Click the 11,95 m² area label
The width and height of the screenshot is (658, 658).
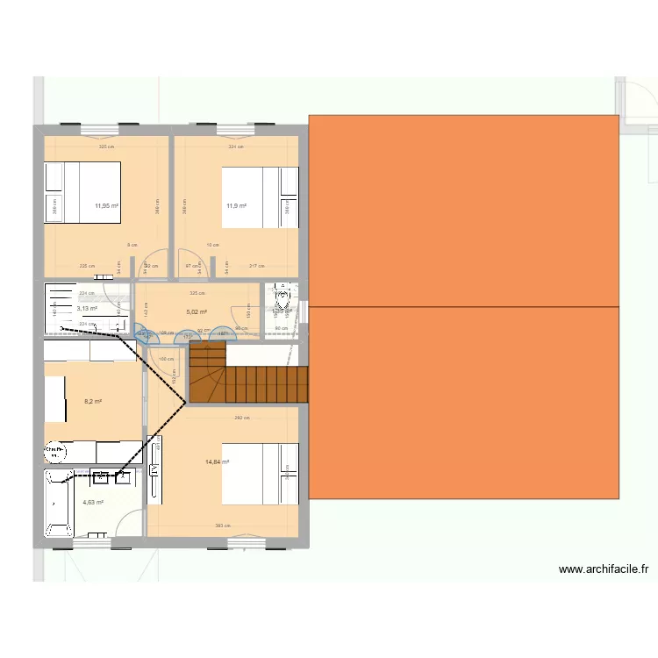pyautogui.click(x=107, y=207)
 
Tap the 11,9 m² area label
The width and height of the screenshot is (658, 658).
pyautogui.click(x=236, y=207)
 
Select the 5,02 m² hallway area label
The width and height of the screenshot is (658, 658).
pyautogui.click(x=197, y=311)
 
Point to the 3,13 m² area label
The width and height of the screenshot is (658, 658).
pyautogui.click(x=87, y=308)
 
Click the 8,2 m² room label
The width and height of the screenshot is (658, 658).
pyautogui.click(x=93, y=402)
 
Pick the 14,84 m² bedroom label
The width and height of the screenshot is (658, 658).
pyautogui.click(x=217, y=462)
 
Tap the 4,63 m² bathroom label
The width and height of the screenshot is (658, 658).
pyautogui.click(x=93, y=503)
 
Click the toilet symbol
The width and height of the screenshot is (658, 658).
pyautogui.click(x=282, y=303)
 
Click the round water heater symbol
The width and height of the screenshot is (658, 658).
pyautogui.click(x=55, y=453)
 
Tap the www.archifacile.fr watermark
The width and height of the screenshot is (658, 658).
pyautogui.click(x=604, y=569)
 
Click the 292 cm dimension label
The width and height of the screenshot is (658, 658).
pyautogui.click(x=241, y=418)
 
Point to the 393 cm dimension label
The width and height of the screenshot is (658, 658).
pyautogui.click(x=223, y=526)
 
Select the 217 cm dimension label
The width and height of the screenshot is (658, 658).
pyautogui.click(x=256, y=266)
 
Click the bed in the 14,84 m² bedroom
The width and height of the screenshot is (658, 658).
pyautogui.click(x=259, y=474)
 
